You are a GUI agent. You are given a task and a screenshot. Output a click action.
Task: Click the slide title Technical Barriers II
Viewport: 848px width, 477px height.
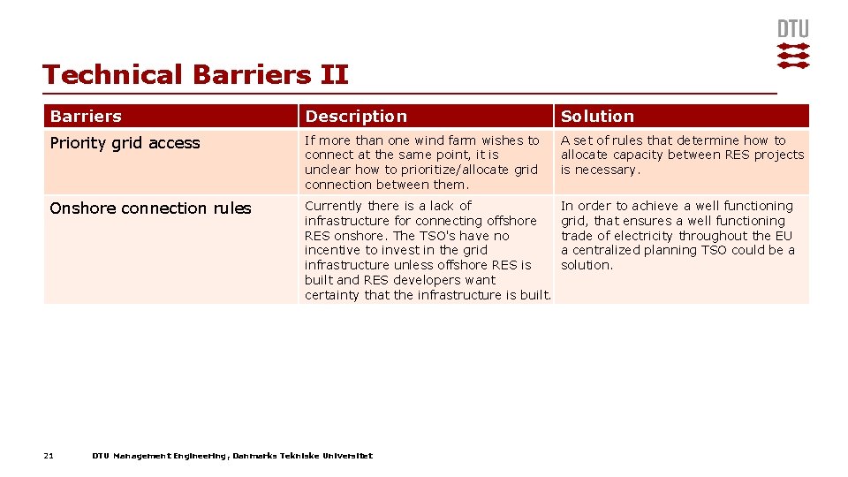point(195,75)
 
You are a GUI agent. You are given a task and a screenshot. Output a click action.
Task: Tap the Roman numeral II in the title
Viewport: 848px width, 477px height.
point(334,75)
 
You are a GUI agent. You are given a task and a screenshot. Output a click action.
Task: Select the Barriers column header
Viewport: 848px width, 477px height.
point(86,117)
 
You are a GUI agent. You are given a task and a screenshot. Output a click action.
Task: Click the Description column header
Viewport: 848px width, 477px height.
point(356,117)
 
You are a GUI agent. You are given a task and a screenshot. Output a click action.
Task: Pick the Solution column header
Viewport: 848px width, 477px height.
point(597,117)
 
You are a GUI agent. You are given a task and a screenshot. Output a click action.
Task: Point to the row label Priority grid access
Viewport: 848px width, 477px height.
point(125,143)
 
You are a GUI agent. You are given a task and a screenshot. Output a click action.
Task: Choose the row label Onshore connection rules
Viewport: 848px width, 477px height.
point(150,208)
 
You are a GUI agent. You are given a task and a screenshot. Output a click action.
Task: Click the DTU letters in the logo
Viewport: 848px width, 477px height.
point(792,29)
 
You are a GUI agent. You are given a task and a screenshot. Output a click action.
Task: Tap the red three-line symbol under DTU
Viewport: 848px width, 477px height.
point(792,55)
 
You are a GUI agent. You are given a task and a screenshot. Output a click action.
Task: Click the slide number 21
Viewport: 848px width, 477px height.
point(49,456)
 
